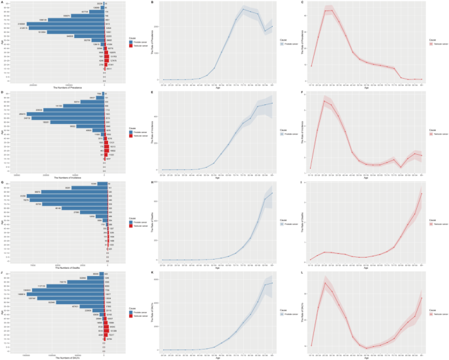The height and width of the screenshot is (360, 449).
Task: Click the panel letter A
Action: pyautogui.click(x=3, y=3)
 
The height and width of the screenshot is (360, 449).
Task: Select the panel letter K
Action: pyautogui.click(x=153, y=272)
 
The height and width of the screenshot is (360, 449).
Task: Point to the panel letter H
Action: pyautogui.click(x=153, y=182)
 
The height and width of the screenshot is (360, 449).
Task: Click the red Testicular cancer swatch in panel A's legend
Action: pyautogui.click(x=123, y=44)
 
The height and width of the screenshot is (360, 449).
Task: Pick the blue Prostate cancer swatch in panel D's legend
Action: pyautogui.click(x=123, y=130)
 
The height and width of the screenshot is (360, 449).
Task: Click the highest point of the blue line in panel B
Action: pyautogui.click(x=244, y=9)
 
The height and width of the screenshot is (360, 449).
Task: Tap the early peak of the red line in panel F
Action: pyautogui.click(x=324, y=100)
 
